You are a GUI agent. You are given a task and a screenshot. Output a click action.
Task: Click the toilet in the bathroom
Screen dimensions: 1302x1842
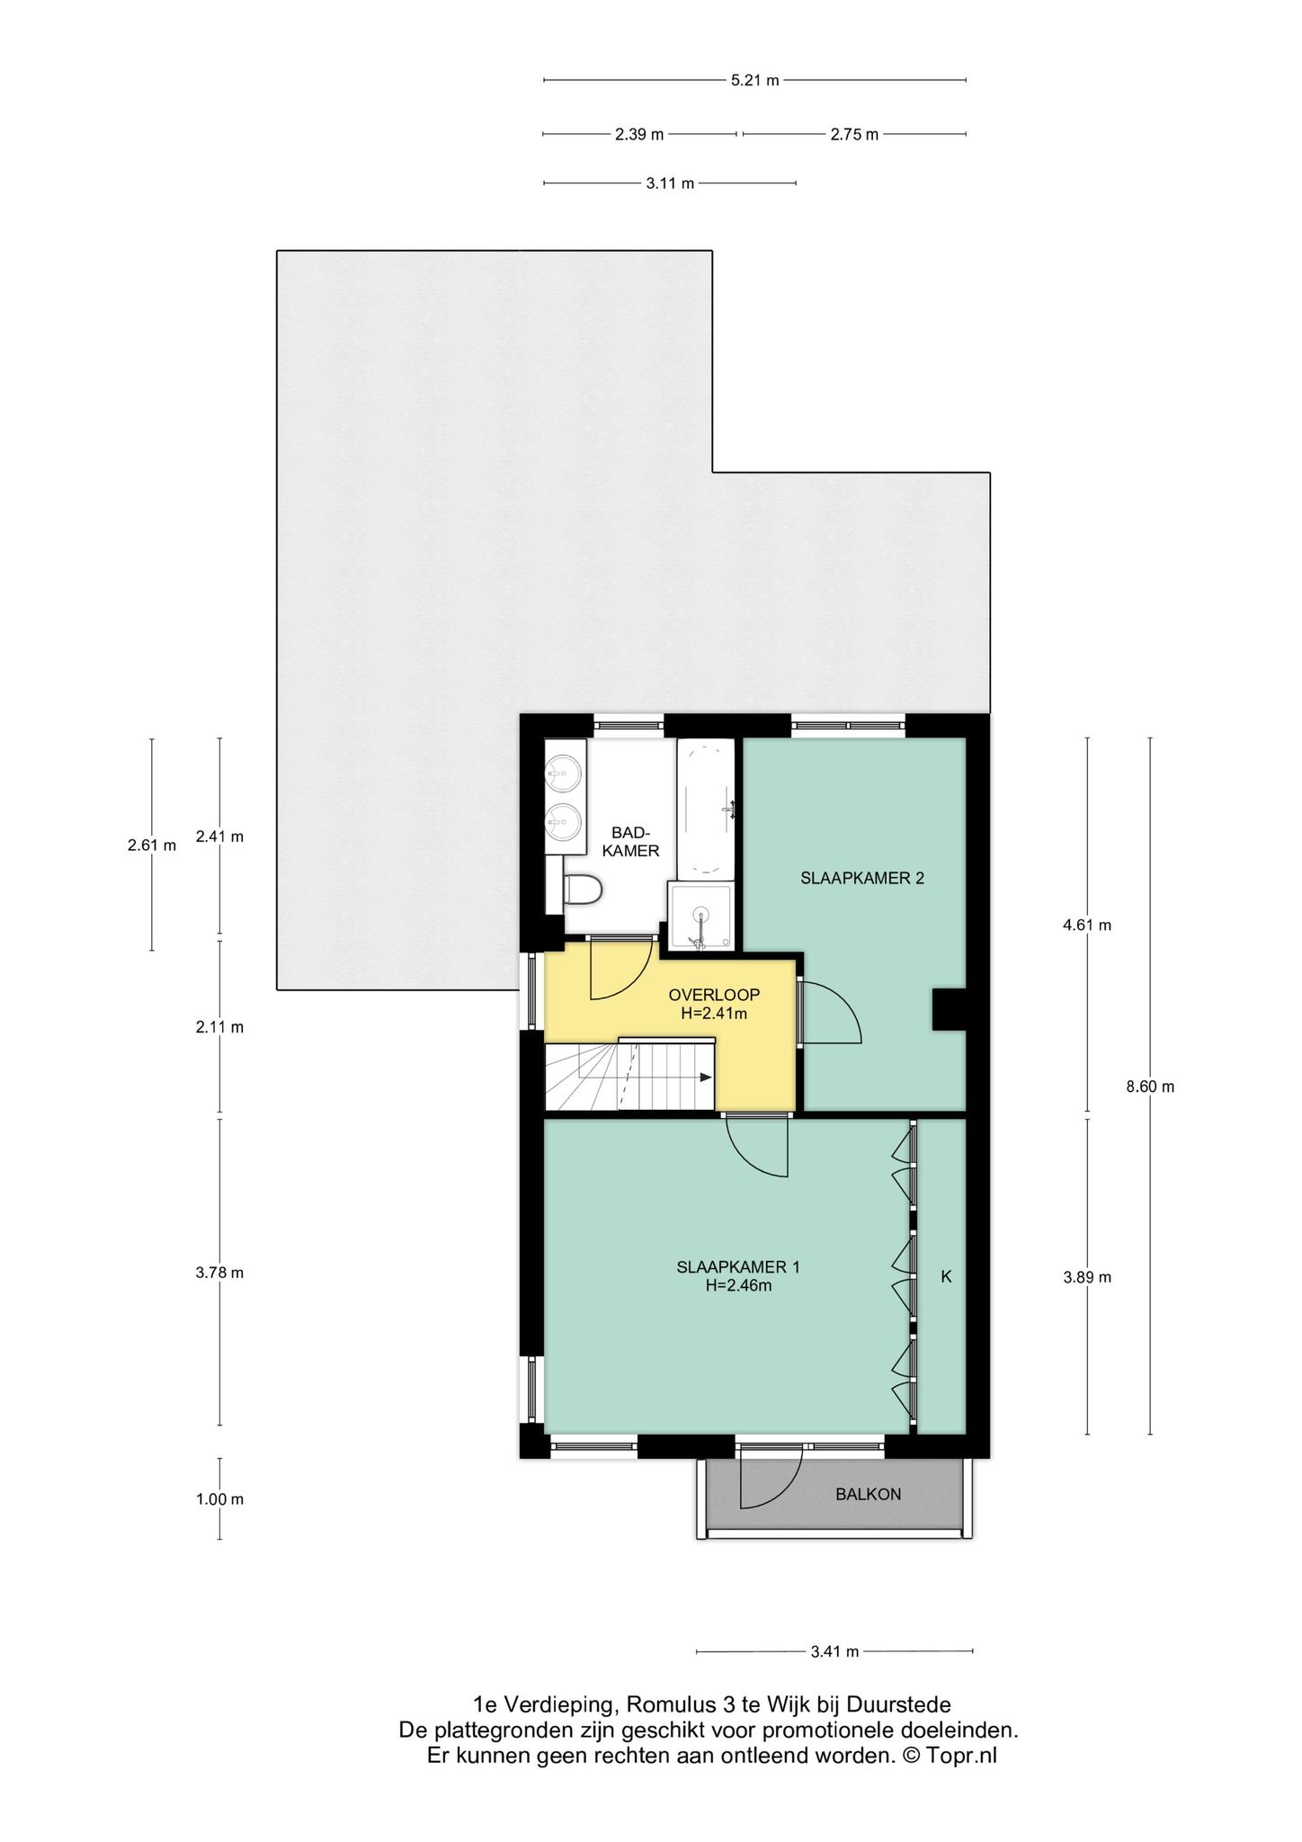pos(582,890)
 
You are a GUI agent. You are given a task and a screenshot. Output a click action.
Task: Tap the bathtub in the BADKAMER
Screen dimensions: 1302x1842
pos(706,807)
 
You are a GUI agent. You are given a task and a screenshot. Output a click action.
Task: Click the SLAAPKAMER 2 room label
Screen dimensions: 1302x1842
pos(862,879)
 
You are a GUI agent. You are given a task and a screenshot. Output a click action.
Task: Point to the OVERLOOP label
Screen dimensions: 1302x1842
pos(714,995)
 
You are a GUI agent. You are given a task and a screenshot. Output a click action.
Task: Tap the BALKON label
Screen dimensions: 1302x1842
pos(868,1495)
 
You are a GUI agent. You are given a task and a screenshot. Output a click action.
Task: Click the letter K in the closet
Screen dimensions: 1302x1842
pos(946,1275)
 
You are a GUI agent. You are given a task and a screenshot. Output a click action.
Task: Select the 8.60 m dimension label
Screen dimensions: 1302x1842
pos(1150,1086)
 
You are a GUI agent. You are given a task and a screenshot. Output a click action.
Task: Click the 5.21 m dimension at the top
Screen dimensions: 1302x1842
pos(754,80)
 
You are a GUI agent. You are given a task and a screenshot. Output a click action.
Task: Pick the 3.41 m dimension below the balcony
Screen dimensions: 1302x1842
pos(834,1651)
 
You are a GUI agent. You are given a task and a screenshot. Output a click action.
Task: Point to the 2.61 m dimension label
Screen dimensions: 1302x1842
pos(152,845)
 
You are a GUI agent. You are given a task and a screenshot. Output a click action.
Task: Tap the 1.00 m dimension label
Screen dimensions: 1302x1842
pos(219,1499)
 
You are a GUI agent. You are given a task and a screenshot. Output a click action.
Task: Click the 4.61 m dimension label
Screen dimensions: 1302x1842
pos(1087,925)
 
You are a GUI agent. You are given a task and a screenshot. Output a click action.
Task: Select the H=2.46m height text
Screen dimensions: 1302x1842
pos(738,1286)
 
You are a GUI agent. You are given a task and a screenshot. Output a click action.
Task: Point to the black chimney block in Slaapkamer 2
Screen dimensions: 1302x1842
pos(949,1008)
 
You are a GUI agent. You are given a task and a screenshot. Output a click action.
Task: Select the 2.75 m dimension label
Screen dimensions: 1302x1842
pos(854,134)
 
